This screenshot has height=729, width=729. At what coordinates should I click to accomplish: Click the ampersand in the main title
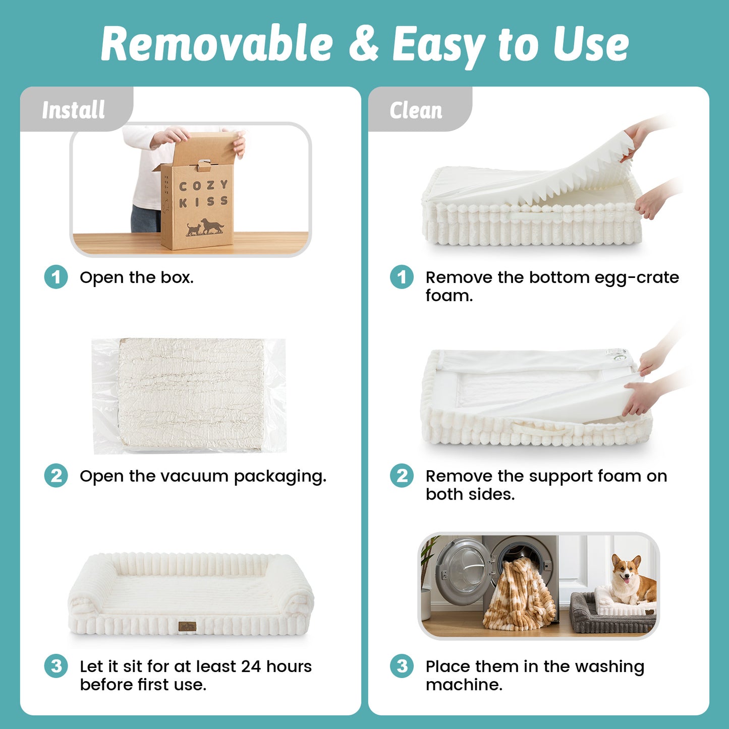(x=364, y=44)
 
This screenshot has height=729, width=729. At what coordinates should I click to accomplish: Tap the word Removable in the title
(x=217, y=43)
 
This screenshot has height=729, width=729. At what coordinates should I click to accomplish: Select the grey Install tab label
(x=73, y=110)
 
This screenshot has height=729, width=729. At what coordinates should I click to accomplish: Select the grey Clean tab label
(x=416, y=110)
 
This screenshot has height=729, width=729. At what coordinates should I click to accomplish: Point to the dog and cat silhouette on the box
(x=205, y=227)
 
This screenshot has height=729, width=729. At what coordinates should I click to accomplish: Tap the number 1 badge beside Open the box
(x=56, y=277)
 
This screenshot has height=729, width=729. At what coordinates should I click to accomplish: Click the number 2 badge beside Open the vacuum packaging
(x=56, y=476)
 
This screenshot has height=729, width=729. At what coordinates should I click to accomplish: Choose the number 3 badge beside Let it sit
(x=56, y=666)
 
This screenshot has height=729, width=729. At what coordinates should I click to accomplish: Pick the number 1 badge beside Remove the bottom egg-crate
(x=402, y=277)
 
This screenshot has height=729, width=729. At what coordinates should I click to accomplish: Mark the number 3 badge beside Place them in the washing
(x=402, y=666)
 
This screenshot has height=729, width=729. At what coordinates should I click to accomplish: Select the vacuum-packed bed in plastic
(x=189, y=396)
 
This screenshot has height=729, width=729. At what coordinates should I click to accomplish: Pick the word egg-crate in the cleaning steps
(x=636, y=278)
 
